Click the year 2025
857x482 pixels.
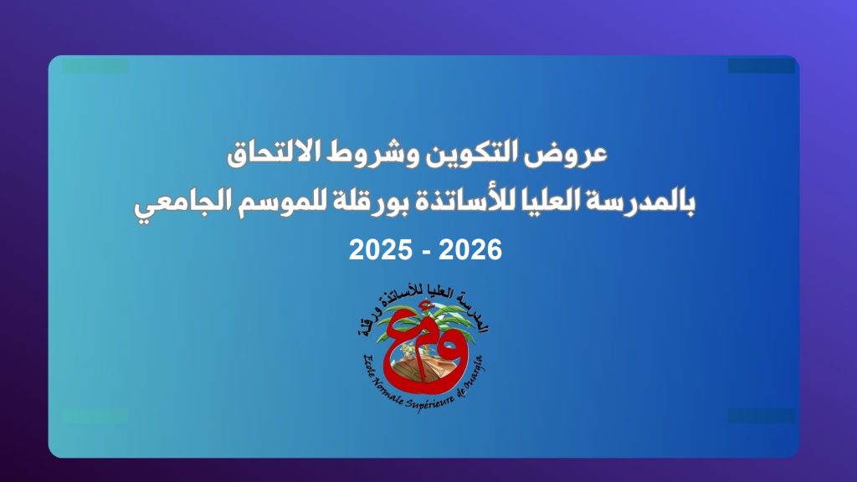coord(381,250)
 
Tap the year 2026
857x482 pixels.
coord(470,250)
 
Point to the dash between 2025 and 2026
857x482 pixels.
coord(425,252)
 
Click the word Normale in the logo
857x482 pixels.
coord(390,392)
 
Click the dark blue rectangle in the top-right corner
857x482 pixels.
coord(761,66)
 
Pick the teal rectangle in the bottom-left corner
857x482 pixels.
coord(95,417)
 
